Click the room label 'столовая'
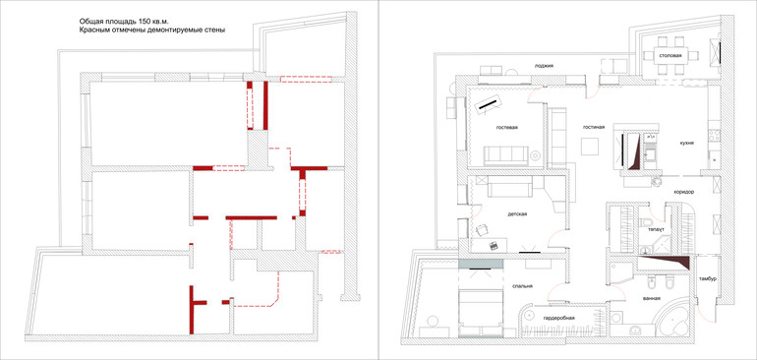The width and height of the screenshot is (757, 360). (670, 55)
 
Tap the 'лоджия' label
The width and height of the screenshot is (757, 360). (544, 66)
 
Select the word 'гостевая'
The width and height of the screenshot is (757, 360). (507, 128)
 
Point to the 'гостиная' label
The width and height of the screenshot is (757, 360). (594, 128)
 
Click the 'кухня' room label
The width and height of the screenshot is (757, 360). (686, 143)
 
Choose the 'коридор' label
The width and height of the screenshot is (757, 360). (684, 192)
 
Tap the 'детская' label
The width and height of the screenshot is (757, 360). (516, 213)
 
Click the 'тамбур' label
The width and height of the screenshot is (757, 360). (707, 278)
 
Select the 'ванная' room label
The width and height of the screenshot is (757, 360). (651, 299)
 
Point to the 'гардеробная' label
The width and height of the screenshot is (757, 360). (558, 319)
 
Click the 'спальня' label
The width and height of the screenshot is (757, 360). (522, 285)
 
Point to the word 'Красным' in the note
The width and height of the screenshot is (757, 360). (93, 30)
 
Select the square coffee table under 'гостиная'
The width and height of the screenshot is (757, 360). (590, 146)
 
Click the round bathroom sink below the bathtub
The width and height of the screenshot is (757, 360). (634, 331)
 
